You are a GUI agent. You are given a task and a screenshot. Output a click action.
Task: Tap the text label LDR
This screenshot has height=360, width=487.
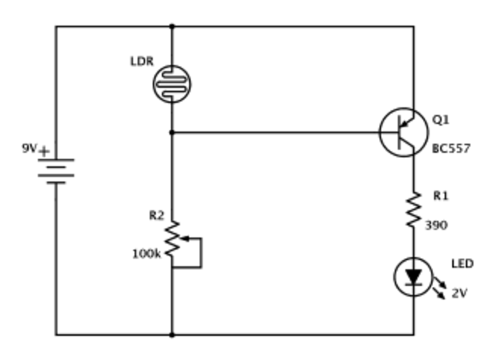[x=142, y=60]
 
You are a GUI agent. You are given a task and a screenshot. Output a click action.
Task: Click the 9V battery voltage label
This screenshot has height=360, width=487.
[x=29, y=148]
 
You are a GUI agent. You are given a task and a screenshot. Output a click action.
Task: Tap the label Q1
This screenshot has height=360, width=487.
[x=440, y=119]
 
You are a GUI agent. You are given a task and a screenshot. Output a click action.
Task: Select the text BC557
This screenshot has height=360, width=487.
[x=451, y=148]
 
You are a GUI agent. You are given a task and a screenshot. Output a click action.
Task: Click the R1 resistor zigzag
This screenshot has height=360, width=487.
[x=414, y=210]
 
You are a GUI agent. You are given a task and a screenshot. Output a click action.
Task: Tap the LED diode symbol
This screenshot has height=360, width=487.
[x=414, y=278]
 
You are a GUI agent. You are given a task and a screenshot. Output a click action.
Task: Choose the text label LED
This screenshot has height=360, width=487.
[x=462, y=264]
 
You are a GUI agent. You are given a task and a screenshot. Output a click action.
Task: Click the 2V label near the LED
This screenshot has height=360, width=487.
[x=459, y=293]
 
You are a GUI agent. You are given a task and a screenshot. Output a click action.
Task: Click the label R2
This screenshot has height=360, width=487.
[x=157, y=216]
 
